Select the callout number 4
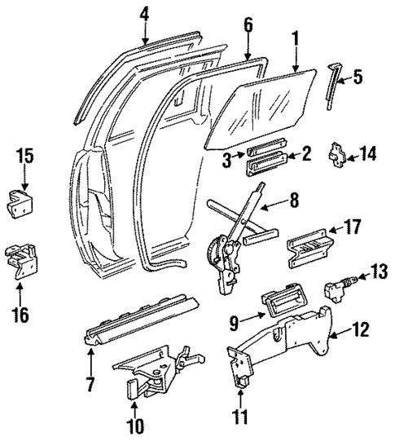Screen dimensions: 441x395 pos(144,14)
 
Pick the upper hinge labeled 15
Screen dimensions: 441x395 pos(24,201)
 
